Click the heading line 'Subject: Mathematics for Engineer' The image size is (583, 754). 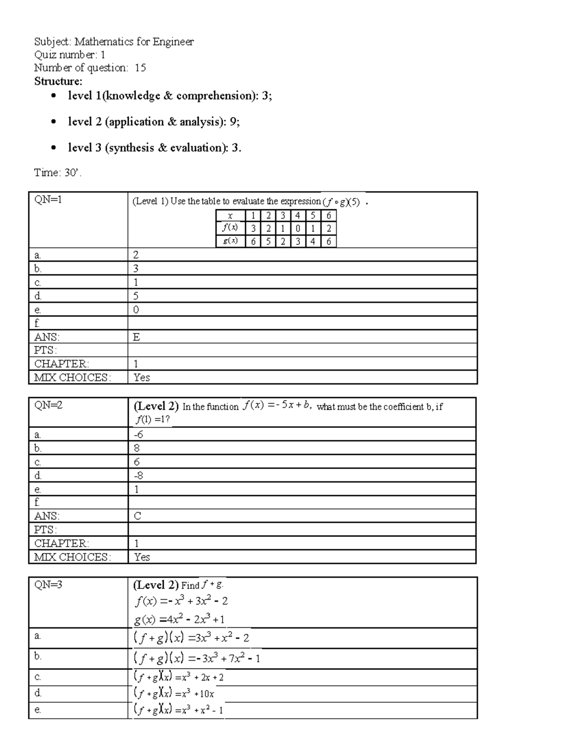[x=114, y=42]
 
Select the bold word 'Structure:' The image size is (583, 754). [x=58, y=81]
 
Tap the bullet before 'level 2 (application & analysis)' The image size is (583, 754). [x=54, y=122]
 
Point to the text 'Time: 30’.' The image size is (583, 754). [x=57, y=172]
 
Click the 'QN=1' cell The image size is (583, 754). [x=48, y=200]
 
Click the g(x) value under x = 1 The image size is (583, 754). [x=253, y=241]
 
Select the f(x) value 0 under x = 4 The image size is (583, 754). [x=298, y=228]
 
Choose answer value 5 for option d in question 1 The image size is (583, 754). [x=136, y=296]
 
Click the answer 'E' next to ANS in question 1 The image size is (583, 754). [x=137, y=337]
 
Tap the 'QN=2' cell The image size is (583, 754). [x=48, y=405]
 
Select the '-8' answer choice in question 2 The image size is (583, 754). [x=138, y=475]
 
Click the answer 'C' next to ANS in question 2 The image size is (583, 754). [x=137, y=516]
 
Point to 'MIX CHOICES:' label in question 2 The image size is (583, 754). [x=72, y=557]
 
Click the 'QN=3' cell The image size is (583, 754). [x=48, y=585]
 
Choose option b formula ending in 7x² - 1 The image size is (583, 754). [x=197, y=658]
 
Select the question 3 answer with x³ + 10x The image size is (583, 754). [x=173, y=693]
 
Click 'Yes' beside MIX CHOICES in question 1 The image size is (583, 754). [x=141, y=377]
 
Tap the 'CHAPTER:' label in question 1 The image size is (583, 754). [x=62, y=364]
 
